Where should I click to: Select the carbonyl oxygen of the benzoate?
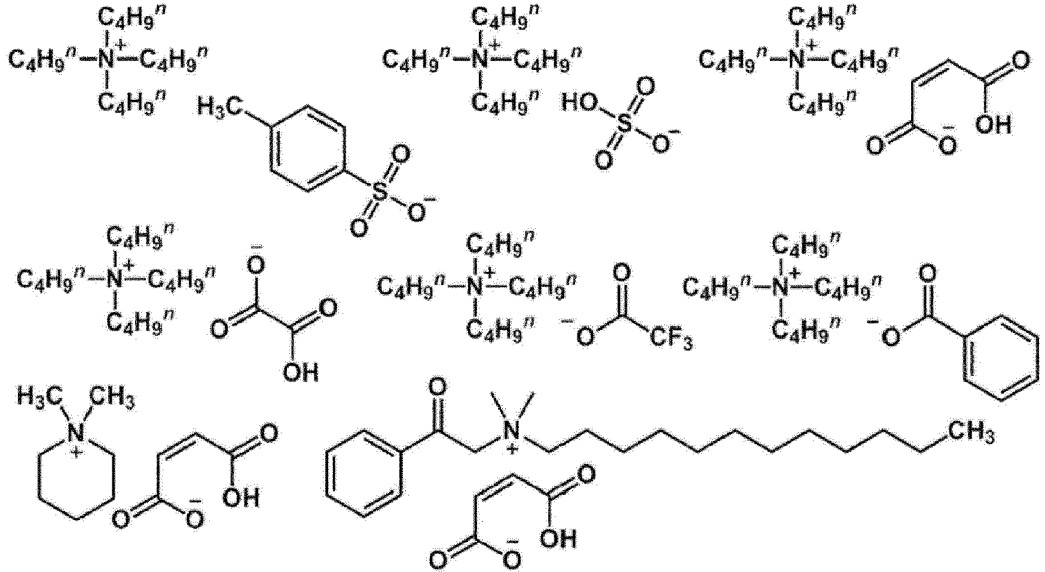tap(927, 276)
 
